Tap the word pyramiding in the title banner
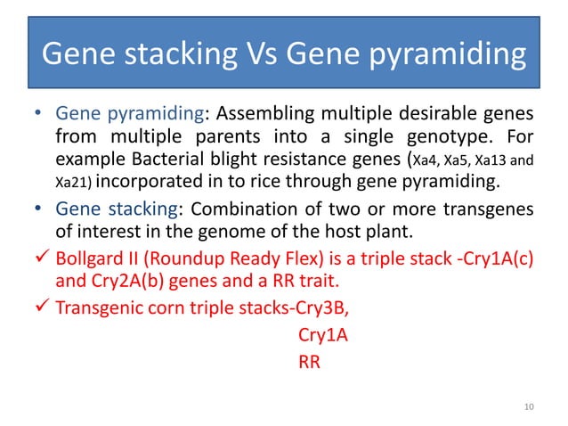pyautogui.click(x=455, y=57)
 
